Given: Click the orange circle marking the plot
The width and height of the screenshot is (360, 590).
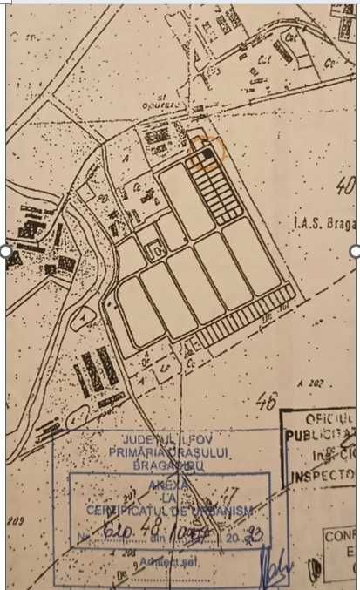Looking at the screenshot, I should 208,153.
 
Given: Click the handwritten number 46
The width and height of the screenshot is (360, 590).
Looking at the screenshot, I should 267,402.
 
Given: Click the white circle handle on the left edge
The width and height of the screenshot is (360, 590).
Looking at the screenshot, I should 5,251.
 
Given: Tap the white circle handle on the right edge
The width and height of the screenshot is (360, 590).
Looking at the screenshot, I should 355,251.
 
